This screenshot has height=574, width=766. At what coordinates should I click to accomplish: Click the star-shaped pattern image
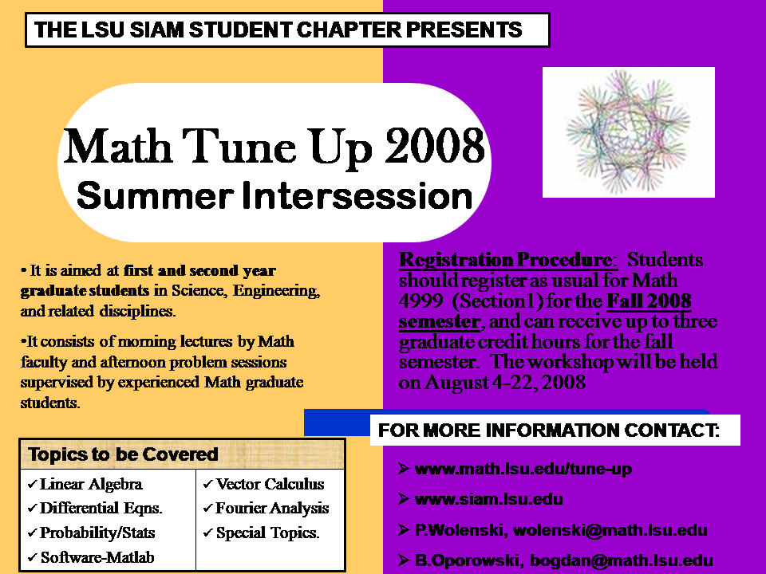coord(629,132)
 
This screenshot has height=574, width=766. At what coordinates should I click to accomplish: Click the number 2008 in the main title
coord(434,146)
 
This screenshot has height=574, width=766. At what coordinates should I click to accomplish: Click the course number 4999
coord(421,301)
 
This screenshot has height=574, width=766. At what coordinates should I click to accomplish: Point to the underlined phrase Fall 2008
coord(649,301)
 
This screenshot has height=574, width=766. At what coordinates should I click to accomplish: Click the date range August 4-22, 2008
coord(505,382)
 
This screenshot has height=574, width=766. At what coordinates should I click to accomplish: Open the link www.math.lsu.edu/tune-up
coord(523,469)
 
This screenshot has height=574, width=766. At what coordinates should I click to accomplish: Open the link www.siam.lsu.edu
coord(488,499)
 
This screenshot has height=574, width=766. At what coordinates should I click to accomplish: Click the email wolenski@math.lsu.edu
coord(610,530)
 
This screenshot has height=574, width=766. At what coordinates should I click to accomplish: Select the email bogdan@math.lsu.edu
coord(622,560)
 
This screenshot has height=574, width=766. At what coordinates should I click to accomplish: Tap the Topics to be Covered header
coord(123,454)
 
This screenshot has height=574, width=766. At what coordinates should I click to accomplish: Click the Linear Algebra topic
coord(91,484)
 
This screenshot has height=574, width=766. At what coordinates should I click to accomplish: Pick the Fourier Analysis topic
coord(272,508)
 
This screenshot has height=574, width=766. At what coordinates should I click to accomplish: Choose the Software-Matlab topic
coord(97,557)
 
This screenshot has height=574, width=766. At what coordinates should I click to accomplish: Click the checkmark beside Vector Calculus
coord(207,484)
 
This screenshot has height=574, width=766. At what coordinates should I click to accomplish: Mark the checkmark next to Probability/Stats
coord(32,533)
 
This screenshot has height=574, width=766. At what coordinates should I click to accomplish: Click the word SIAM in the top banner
coord(156,29)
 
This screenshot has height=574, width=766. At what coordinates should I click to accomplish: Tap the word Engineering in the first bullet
coord(277,291)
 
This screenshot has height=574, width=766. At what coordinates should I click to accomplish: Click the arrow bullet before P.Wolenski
coord(404,530)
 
